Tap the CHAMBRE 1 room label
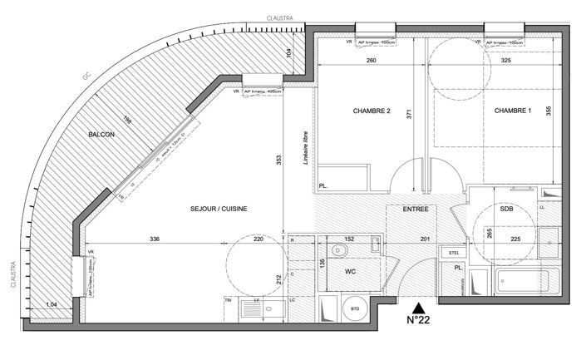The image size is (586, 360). click(x=513, y=111)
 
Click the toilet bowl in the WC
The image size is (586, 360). click(x=339, y=250)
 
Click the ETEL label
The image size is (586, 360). click(x=454, y=252)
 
